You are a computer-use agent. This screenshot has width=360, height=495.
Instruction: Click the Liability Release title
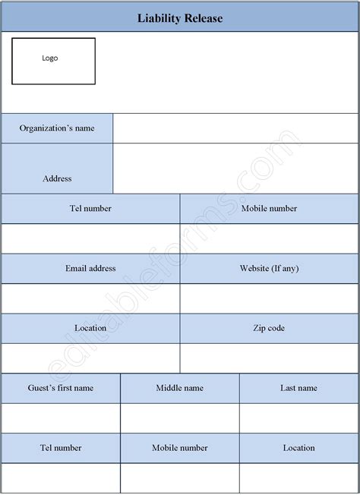[x=180, y=18]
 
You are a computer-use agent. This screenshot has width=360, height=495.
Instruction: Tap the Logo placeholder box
[x=53, y=61]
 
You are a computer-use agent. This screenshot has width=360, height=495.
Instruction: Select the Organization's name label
[x=57, y=128]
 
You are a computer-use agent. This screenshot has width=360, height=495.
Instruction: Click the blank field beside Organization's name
[x=235, y=128]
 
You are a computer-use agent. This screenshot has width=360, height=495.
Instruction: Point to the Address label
[x=57, y=178]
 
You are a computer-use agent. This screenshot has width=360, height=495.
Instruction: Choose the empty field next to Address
[x=235, y=169]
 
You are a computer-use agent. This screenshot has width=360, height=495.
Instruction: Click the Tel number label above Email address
[x=90, y=208]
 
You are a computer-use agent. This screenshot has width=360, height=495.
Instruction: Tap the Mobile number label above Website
[x=269, y=208]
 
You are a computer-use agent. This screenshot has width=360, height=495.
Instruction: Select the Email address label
[x=90, y=268]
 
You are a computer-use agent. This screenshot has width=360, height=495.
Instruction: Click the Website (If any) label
[x=269, y=268]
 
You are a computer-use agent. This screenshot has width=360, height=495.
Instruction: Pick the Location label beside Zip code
[x=90, y=328]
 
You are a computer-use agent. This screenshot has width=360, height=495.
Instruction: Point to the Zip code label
[x=269, y=328]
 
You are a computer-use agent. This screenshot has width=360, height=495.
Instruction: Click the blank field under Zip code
[x=269, y=358]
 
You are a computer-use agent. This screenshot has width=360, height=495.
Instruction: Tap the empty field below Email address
[x=90, y=298]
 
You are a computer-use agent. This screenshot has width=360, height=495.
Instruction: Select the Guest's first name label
[x=61, y=388]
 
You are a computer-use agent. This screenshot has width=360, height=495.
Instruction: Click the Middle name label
[x=180, y=388]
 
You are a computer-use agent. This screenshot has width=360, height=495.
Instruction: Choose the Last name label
[x=298, y=388]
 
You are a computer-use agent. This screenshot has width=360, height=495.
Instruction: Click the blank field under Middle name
[x=180, y=418]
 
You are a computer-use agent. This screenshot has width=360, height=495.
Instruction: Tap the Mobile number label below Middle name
[x=180, y=448]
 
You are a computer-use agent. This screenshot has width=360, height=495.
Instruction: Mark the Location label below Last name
[x=298, y=448]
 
